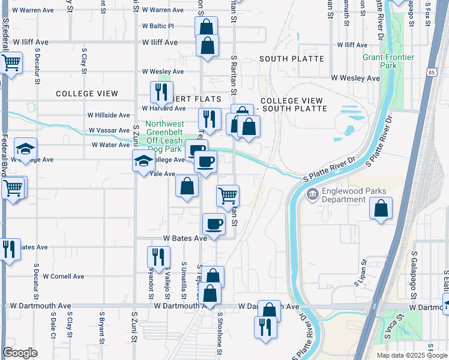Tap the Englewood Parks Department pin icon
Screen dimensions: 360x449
coord(312,194)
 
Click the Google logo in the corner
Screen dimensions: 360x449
coord(20,353)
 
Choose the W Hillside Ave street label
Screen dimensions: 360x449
coord(109,115)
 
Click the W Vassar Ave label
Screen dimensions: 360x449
coord(109,130)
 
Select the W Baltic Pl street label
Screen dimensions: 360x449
coord(158,26)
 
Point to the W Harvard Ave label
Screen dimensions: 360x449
coord(164,109)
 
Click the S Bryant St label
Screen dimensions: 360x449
coord(102,323)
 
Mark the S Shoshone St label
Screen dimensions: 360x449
coord(220,328)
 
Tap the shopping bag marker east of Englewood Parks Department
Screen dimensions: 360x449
coord(381,209)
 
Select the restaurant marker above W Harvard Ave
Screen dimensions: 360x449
coord(161,92)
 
